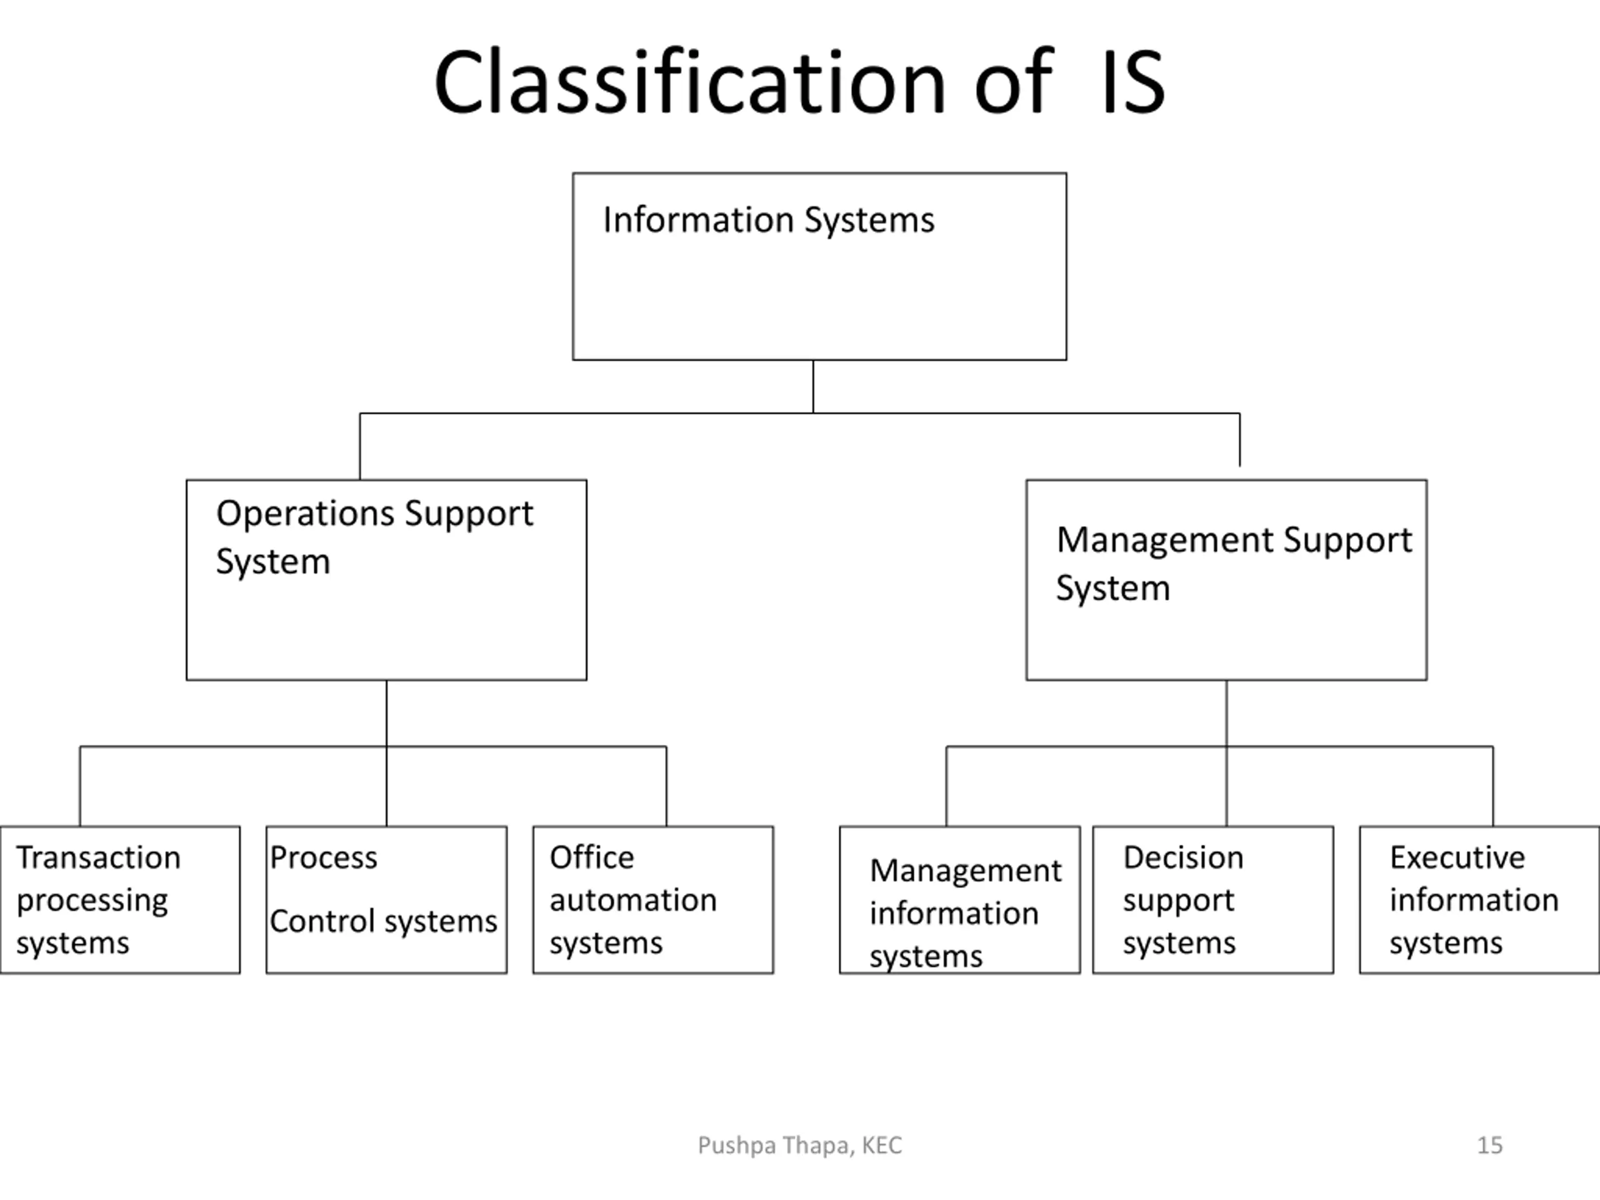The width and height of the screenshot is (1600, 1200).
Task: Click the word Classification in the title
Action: coord(689,82)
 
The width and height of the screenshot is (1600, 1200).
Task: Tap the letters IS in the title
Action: coord(1132,82)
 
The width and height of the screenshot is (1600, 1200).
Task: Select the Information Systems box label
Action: coord(768,221)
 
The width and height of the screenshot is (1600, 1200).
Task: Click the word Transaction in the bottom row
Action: coord(98,858)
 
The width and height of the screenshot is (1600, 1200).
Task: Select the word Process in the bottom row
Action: coord(323,858)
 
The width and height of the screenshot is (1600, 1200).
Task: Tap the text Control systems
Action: coord(383,921)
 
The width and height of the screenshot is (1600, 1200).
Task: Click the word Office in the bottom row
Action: coord(592,858)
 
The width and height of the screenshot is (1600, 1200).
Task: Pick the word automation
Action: coord(633,901)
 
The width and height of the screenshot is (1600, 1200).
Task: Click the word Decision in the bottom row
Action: coord(1183,858)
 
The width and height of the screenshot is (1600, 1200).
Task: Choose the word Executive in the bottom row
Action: coord(1457,858)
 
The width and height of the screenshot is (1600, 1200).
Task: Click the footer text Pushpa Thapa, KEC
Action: coord(800,1146)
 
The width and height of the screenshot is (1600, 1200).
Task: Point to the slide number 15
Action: coord(1489,1146)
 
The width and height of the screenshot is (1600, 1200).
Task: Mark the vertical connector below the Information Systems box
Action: coord(813,386)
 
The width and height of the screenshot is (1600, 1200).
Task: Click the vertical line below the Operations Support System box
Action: coord(386,753)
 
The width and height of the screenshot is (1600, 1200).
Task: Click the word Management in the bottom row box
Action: coord(966,871)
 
